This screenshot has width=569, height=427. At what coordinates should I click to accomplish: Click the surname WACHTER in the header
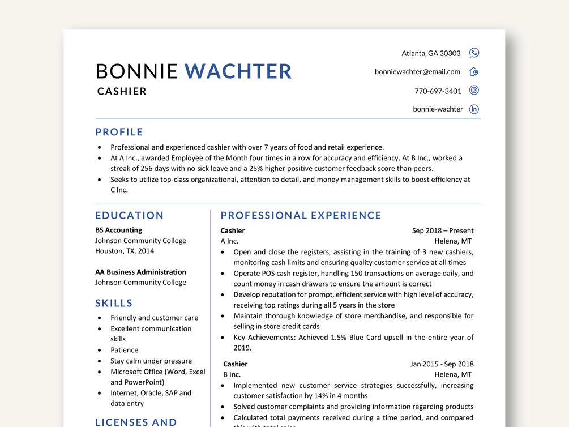click(238, 71)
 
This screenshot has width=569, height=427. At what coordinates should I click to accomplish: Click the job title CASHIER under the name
click(122, 91)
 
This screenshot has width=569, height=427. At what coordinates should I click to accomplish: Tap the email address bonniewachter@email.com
click(417, 72)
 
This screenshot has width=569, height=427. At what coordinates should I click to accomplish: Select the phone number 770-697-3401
click(438, 91)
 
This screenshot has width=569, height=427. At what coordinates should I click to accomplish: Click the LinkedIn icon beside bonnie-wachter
click(474, 109)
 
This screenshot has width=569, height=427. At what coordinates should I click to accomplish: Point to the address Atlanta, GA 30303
click(431, 53)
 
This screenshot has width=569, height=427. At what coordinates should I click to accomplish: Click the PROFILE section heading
click(119, 132)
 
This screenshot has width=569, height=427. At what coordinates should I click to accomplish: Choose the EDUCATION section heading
click(129, 215)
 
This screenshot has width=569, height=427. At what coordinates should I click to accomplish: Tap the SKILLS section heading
click(114, 303)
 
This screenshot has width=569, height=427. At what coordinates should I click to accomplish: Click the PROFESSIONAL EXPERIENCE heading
click(301, 215)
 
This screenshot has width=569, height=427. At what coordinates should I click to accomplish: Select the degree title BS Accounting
click(118, 230)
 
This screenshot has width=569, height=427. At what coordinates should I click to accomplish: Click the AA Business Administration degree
click(140, 272)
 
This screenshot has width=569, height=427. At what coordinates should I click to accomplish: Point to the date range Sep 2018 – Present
click(443, 230)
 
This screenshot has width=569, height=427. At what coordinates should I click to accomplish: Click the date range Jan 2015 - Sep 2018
click(442, 364)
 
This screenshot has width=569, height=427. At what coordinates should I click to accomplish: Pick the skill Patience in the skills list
click(124, 350)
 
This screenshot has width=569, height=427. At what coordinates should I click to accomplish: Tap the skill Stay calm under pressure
click(151, 361)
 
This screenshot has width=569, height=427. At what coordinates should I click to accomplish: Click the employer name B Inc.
click(232, 374)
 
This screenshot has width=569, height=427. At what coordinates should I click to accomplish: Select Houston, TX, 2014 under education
click(124, 251)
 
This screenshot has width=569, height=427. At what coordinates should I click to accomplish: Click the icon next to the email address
click(474, 72)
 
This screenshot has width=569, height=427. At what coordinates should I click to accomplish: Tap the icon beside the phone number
click(474, 91)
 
